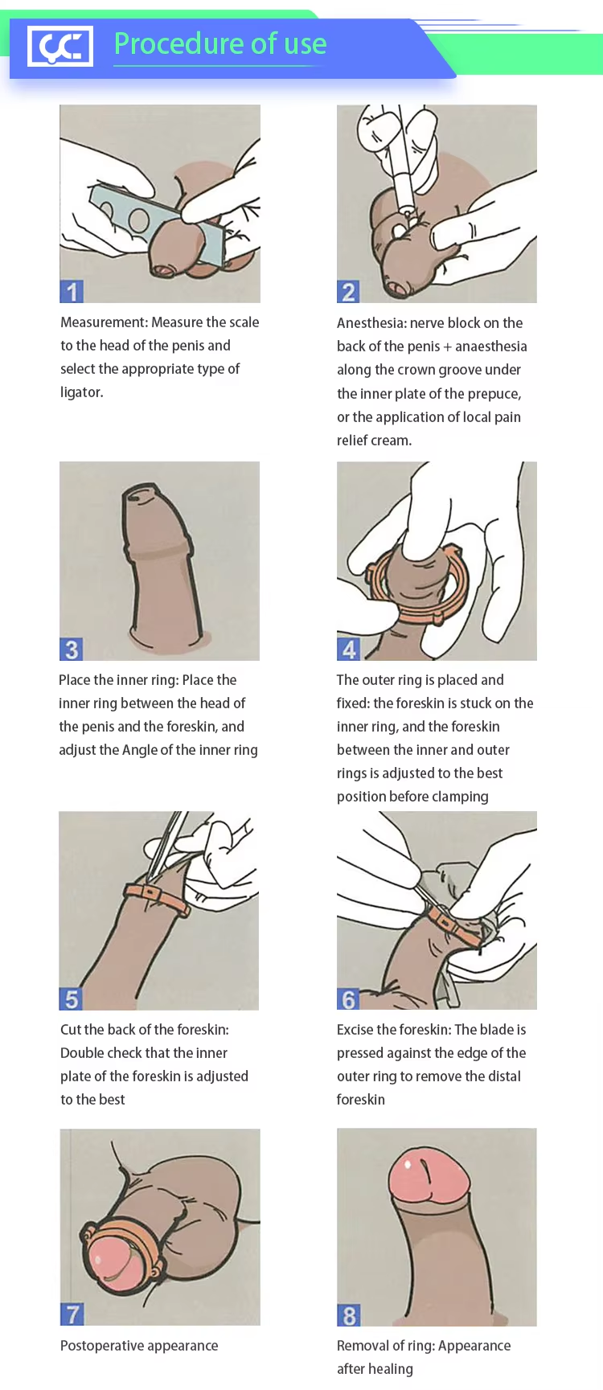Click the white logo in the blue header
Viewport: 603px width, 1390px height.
tap(60, 46)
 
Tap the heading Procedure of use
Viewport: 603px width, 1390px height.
tap(220, 43)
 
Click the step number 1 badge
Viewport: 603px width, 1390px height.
tap(72, 291)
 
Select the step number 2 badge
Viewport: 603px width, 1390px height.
tap(348, 291)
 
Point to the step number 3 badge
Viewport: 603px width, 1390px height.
tap(72, 649)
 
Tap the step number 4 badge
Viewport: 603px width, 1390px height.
tap(348, 649)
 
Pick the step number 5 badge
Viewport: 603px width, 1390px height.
tap(72, 998)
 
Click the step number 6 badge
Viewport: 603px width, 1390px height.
tap(348, 998)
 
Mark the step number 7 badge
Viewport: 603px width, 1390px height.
tap(72, 1314)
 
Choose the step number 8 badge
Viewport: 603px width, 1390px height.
tap(348, 1315)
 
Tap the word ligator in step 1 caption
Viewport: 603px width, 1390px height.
tap(81, 392)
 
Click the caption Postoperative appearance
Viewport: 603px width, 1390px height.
tap(139, 1346)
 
